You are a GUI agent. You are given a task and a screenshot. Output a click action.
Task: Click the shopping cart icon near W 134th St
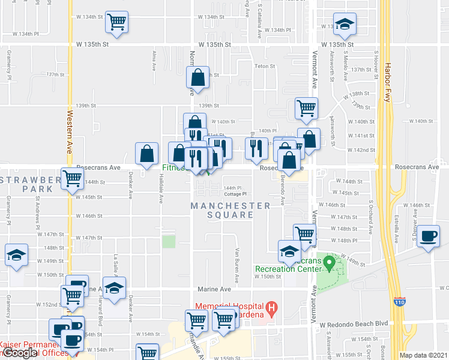click(116, 23)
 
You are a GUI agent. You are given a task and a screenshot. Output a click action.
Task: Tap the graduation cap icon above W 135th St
click(345, 24)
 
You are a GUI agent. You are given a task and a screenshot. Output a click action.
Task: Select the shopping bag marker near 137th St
click(197, 77)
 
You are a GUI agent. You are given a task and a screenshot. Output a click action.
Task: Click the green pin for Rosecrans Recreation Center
click(328, 262)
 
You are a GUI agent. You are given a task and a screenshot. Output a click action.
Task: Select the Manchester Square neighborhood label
click(231, 210)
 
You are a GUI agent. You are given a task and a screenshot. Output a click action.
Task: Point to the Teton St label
click(265, 67)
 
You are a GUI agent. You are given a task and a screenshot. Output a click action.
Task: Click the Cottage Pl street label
click(236, 194)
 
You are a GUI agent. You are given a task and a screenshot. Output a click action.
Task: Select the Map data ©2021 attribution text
click(424, 355)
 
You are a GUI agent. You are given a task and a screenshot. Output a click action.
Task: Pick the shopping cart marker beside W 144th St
click(72, 178)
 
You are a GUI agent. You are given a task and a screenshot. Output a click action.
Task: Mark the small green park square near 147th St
click(169, 242)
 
